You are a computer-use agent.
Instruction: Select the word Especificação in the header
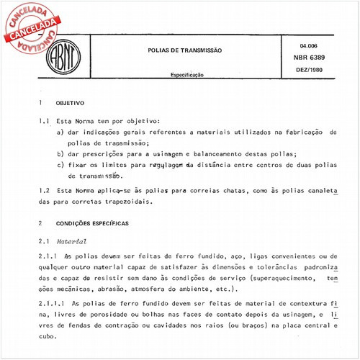point(187,74)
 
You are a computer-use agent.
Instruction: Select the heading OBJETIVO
point(71,103)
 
